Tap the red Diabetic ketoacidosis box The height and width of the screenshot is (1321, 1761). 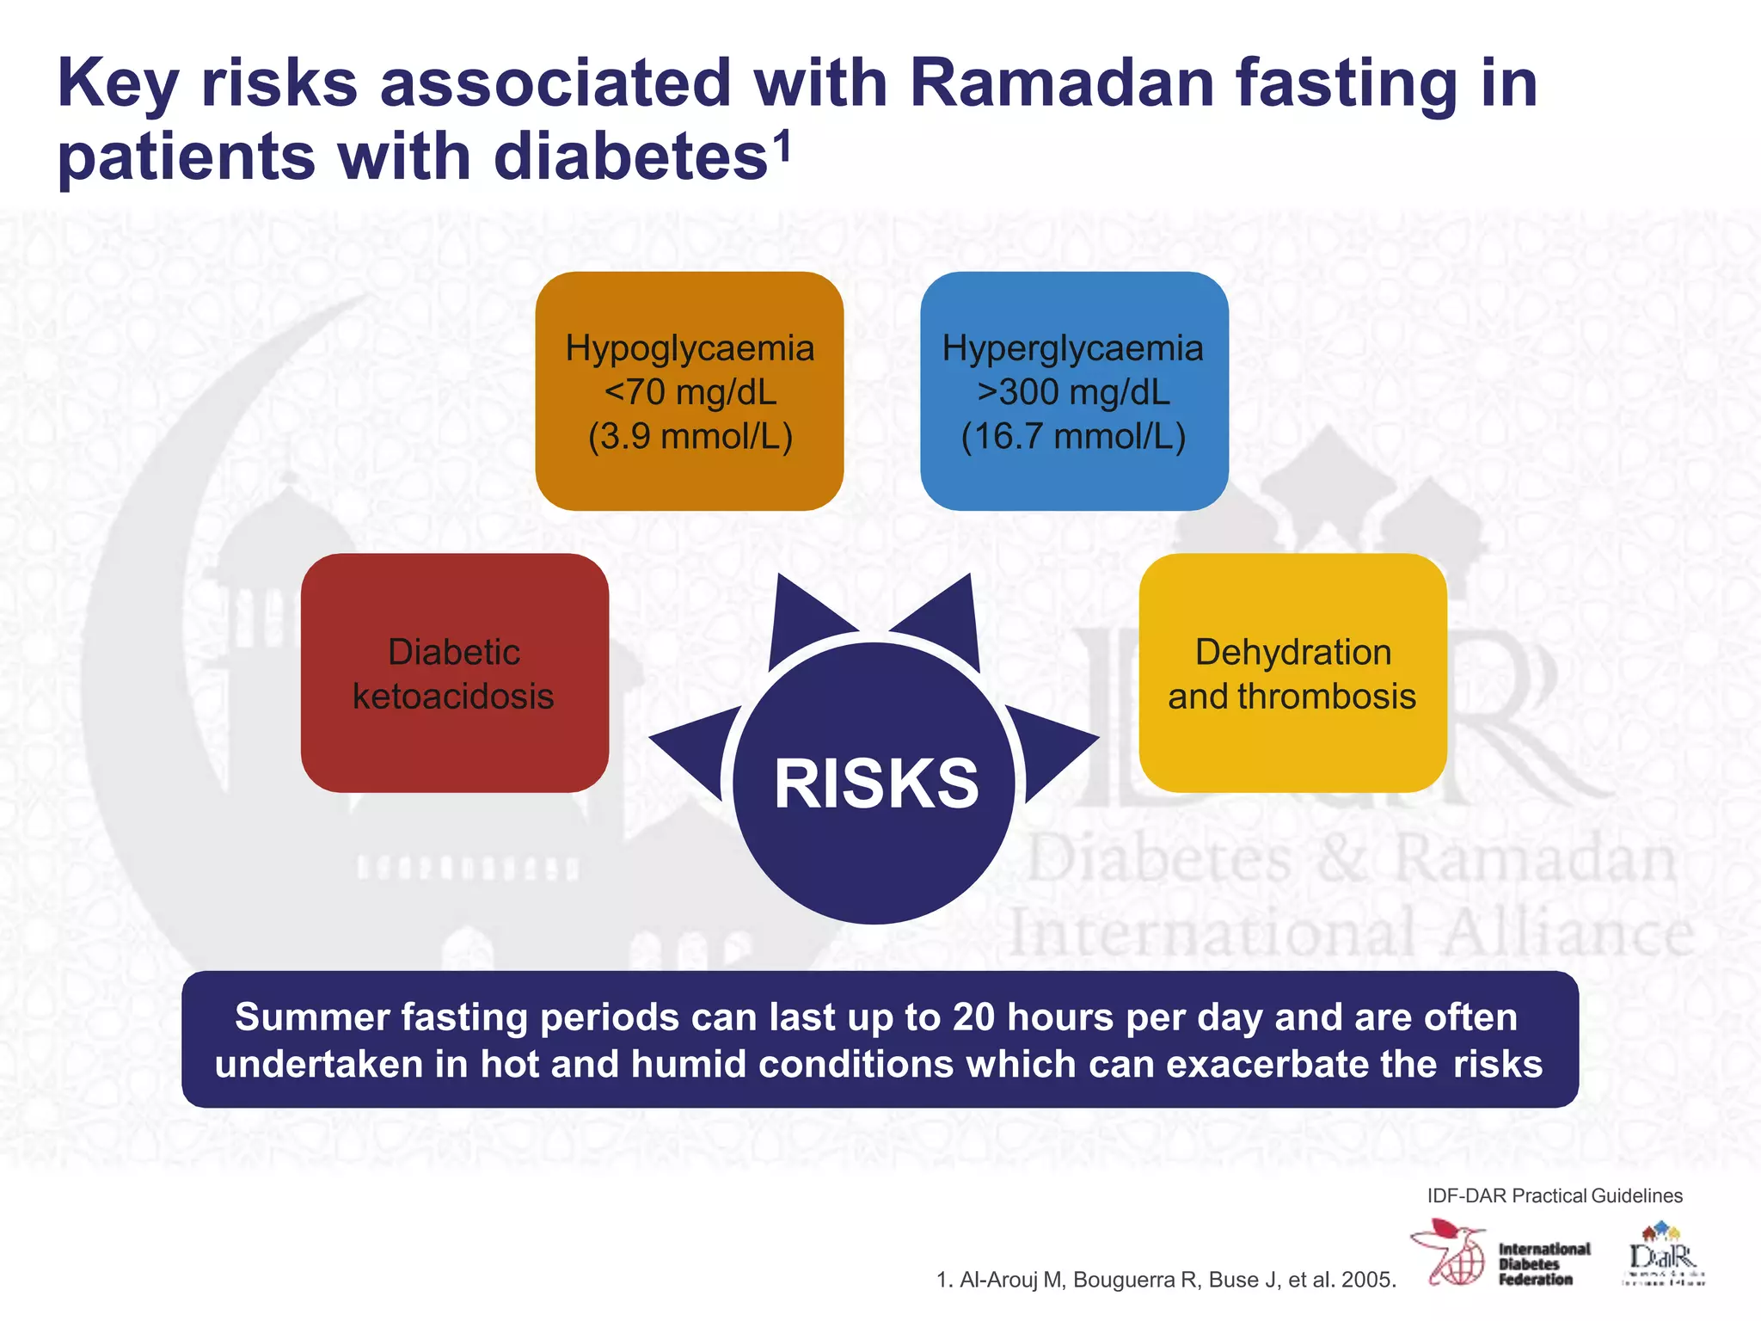454,673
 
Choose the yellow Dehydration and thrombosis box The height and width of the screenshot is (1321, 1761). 1292,673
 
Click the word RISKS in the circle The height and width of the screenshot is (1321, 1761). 875,783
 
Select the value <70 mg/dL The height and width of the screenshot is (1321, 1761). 690,392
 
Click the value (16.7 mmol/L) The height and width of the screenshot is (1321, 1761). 1073,436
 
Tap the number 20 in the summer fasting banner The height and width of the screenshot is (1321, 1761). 973,1017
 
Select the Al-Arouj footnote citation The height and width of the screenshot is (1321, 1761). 1165,1280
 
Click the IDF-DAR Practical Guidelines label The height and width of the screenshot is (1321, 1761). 1554,1195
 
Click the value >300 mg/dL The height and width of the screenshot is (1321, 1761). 1073,392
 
